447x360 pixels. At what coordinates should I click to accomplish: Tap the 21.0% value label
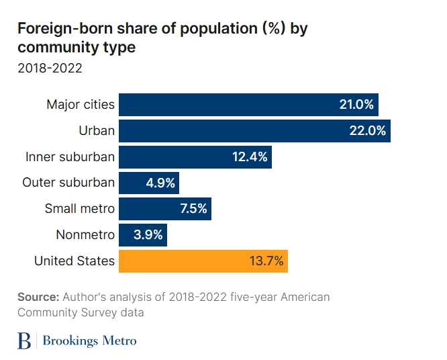[x=356, y=105]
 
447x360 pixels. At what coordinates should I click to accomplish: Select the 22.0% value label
[x=368, y=131]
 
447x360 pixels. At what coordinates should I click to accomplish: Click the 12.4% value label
[x=249, y=157]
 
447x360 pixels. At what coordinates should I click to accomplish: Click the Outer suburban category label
[x=68, y=183]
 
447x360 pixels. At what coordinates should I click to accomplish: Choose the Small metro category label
[x=79, y=209]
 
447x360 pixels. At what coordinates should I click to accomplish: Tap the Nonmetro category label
[x=85, y=235]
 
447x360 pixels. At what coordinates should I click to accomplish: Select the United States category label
[x=74, y=261]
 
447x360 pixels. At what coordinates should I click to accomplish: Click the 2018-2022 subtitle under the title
[x=49, y=68]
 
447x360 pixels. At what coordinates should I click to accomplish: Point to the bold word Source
[x=38, y=297]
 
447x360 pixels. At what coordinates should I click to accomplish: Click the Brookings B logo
[x=24, y=341]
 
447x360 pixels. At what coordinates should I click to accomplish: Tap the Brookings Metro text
[x=89, y=341]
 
